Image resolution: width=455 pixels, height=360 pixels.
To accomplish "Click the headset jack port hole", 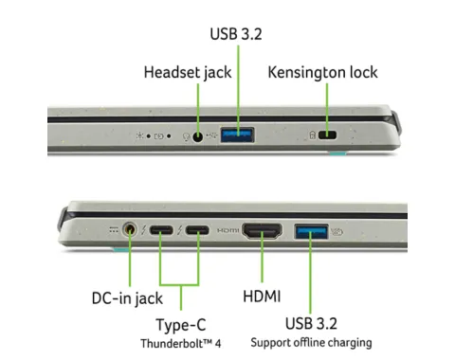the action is click(x=198, y=136).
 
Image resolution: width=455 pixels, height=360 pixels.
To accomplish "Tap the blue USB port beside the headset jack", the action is click(x=237, y=135).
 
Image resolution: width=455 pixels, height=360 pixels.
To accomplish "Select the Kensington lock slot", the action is click(x=327, y=135).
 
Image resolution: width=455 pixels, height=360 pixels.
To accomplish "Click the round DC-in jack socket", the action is click(x=130, y=229).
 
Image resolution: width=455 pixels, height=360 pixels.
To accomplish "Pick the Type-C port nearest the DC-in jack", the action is click(x=161, y=230).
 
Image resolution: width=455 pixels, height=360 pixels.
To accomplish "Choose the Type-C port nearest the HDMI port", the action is click(x=197, y=230).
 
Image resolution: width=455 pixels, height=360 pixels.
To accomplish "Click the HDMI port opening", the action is click(x=262, y=230).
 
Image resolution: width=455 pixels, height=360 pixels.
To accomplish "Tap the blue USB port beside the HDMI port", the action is click(x=312, y=231).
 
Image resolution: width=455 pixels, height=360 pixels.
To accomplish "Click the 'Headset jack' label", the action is click(x=188, y=72).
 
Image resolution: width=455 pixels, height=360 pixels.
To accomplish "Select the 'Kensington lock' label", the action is click(x=322, y=72).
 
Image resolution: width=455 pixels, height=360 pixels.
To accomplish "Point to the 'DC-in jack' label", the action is click(x=127, y=298).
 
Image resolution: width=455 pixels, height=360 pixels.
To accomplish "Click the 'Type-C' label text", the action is click(x=181, y=325).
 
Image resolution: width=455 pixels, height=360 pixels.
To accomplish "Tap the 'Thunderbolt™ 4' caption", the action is click(x=181, y=343).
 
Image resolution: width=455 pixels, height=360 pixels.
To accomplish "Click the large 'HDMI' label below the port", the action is click(x=262, y=297).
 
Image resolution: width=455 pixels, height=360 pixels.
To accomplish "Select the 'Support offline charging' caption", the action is click(x=311, y=343).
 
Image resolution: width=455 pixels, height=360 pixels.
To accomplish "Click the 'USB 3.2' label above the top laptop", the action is click(x=236, y=34).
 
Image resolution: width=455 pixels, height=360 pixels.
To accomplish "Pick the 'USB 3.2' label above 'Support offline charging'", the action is click(x=311, y=323).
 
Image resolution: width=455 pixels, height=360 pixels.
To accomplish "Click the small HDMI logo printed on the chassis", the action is click(x=227, y=230).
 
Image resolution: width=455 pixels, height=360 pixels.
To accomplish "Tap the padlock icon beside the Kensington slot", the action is click(x=312, y=135).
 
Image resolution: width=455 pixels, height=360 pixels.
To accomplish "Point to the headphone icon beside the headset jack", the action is click(x=187, y=136).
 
